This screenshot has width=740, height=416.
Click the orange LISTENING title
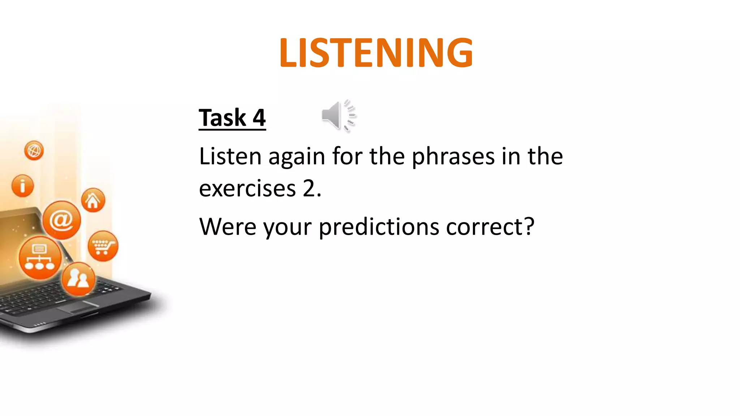376,53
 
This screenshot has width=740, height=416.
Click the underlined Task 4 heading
232,118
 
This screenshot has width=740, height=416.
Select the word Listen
230,156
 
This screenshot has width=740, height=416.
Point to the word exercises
247,188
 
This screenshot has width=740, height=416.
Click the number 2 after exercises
309,188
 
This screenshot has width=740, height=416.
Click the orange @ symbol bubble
61,220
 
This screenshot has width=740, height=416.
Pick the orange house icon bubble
93,200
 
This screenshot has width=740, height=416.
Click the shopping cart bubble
103,246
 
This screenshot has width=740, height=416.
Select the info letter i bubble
22,186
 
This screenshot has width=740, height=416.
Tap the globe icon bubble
34,150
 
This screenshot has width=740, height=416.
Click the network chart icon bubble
40,257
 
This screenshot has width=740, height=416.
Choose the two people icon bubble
78,279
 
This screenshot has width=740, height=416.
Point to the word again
297,157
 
